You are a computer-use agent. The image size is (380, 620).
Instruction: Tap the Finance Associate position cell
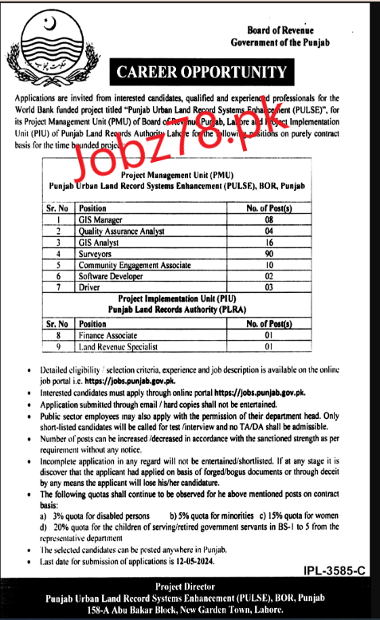[111, 335]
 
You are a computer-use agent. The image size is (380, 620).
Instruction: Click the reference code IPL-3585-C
[338, 571]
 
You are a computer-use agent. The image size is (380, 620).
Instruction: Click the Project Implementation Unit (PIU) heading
[190, 299]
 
